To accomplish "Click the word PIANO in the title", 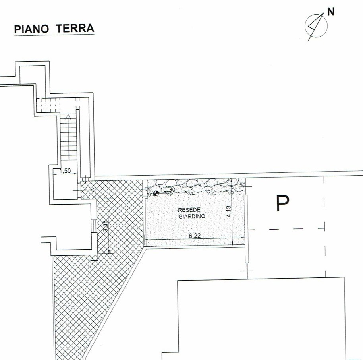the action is pos(31,29).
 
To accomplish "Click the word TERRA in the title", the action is pos(75,28).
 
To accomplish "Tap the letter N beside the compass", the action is pos(331,12).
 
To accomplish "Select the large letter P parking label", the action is pos(283,203).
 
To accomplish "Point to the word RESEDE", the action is pos(189,210).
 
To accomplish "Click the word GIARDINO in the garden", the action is pos(192,217).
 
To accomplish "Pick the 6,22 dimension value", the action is pos(195,236).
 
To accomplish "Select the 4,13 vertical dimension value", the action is pos(229,211).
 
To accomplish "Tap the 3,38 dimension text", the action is pos(105,226).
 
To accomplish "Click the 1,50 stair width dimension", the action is pos(65,171).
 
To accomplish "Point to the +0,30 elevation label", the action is pos(168,190).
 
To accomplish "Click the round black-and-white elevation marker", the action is pos(156,193).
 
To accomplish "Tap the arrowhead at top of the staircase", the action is pos(68,116).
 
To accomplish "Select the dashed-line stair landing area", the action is pos(48,105).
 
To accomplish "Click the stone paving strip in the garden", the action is pos(196,185).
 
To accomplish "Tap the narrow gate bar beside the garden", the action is pos(247,228).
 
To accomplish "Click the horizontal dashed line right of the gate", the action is pos(286,229).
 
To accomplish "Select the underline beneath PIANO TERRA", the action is pos(54,35).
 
